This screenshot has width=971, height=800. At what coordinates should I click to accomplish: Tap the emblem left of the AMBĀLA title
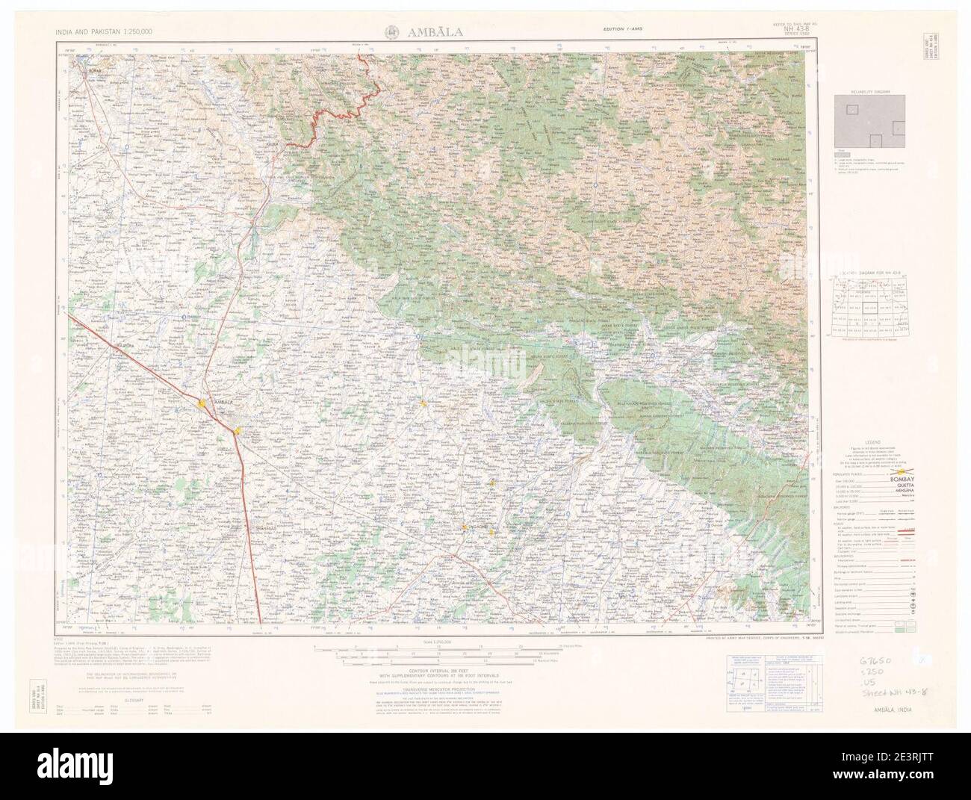[391, 31]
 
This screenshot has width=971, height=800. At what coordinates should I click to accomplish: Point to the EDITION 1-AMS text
[626, 29]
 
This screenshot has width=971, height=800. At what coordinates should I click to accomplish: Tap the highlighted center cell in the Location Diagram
[871, 307]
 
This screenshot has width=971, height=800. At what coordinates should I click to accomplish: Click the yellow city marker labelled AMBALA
[202, 403]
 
